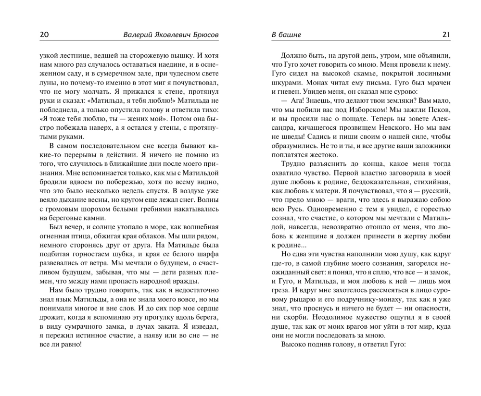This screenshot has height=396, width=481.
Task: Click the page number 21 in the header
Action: [x=446, y=35]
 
